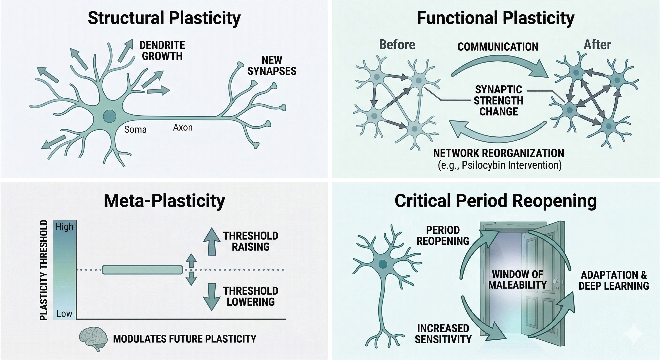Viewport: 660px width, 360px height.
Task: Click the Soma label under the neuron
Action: pyautogui.click(x=135, y=129)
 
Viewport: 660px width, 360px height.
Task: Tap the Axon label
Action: pyautogui.click(x=183, y=127)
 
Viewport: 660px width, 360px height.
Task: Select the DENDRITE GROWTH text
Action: pyautogui.click(x=162, y=51)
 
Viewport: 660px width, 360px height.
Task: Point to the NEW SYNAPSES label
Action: pyautogui.click(x=272, y=66)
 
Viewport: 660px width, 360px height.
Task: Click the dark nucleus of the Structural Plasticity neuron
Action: pyautogui.click(x=109, y=116)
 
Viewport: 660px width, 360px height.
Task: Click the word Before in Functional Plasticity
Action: pyautogui.click(x=397, y=45)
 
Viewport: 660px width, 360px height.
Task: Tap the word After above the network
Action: pyautogui.click(x=597, y=45)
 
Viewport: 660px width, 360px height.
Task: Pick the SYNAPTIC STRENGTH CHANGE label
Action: pyautogui.click(x=498, y=101)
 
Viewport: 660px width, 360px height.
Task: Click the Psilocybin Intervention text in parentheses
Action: pyautogui.click(x=500, y=165)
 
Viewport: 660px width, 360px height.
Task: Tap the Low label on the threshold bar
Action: pyautogui.click(x=64, y=313)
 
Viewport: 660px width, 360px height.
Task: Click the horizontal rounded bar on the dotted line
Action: pyautogui.click(x=142, y=270)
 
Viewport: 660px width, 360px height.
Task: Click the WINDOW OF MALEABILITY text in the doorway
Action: pyautogui.click(x=517, y=280)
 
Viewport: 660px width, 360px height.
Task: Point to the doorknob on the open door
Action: pyautogui.click(x=555, y=281)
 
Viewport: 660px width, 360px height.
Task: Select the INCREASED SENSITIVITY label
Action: pyautogui.click(x=443, y=334)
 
